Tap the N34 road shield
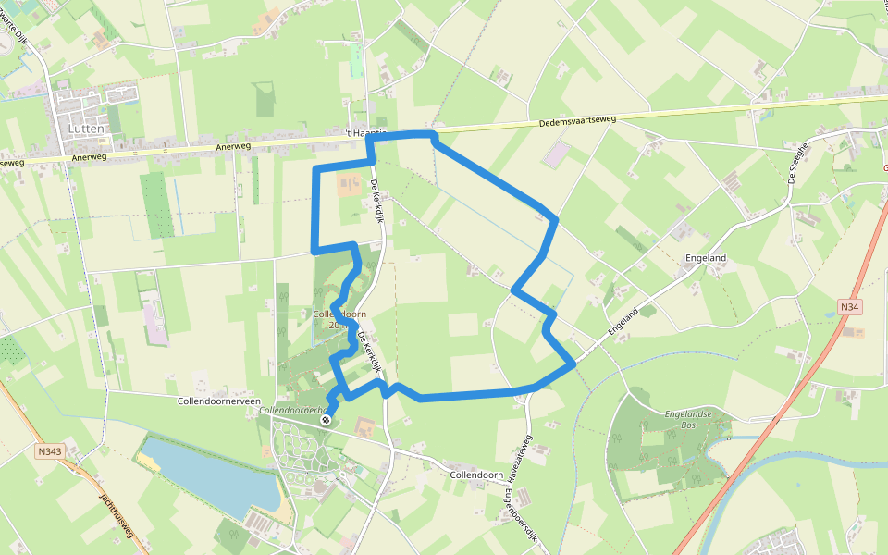pyautogui.click(x=849, y=306)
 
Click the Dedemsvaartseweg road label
pyautogui.click(x=576, y=123)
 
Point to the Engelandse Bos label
pyautogui.click(x=688, y=420)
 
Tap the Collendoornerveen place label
pyautogui.click(x=216, y=401)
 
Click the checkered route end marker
pyautogui.click(x=326, y=420)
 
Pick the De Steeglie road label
pyautogui.click(x=798, y=163)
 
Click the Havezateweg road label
pyautogui.click(x=524, y=460)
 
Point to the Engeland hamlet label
pyautogui.click(x=706, y=258)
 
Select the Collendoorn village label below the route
pyautogui.click(x=475, y=475)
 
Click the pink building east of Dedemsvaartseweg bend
pyautogui.click(x=555, y=155)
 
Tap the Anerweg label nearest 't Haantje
pyautogui.click(x=232, y=146)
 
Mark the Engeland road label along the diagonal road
pyautogui.click(x=625, y=321)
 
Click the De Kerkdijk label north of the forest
pyautogui.click(x=377, y=203)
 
